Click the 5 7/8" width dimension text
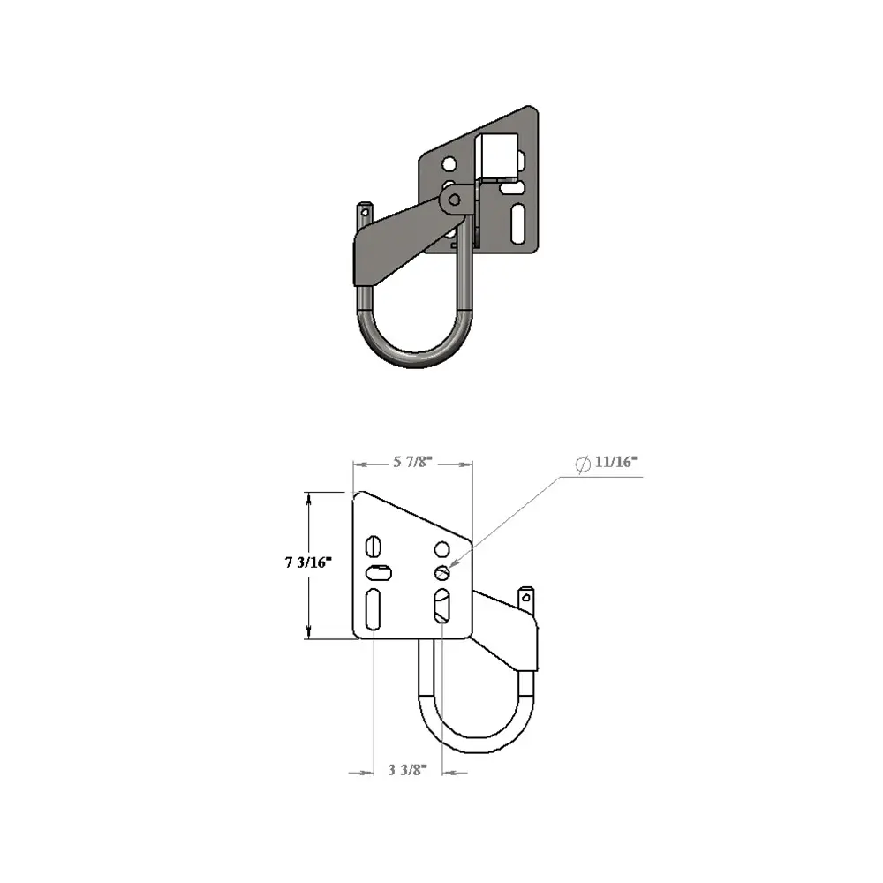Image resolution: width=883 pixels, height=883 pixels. pyautogui.click(x=413, y=462)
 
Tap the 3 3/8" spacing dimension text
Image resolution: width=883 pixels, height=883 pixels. pyautogui.click(x=407, y=770)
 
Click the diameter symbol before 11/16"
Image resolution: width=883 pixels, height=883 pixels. pyautogui.click(x=583, y=464)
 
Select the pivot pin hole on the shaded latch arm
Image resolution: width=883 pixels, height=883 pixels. pyautogui.click(x=454, y=200)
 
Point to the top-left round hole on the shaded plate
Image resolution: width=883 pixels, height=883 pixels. pyautogui.click(x=449, y=163)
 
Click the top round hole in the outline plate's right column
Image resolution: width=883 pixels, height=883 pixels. pyautogui.click(x=441, y=550)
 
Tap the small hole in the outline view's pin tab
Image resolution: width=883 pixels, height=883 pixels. pyautogui.click(x=526, y=596)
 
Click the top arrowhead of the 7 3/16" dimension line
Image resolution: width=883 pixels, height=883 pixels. pyautogui.click(x=308, y=494)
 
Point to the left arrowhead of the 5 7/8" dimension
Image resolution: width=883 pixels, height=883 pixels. pyautogui.click(x=356, y=463)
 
